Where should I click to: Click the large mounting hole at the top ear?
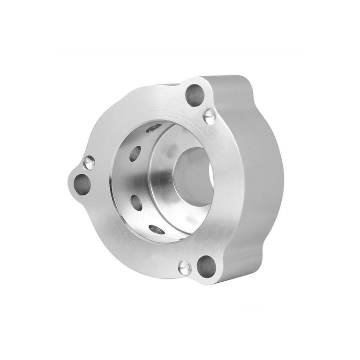point(195,96)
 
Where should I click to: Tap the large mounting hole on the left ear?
point(82,184)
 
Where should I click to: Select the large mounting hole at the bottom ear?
point(206,266)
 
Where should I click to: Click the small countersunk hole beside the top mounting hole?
point(210,116)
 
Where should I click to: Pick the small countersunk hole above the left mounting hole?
point(89,163)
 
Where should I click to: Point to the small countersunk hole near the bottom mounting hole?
point(185,268)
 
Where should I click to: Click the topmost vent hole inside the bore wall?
point(153,128)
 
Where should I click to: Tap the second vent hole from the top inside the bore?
point(135,153)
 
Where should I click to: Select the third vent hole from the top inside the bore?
point(136,202)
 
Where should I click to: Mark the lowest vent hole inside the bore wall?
point(157,229)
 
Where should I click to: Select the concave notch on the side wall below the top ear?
point(255,101)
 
